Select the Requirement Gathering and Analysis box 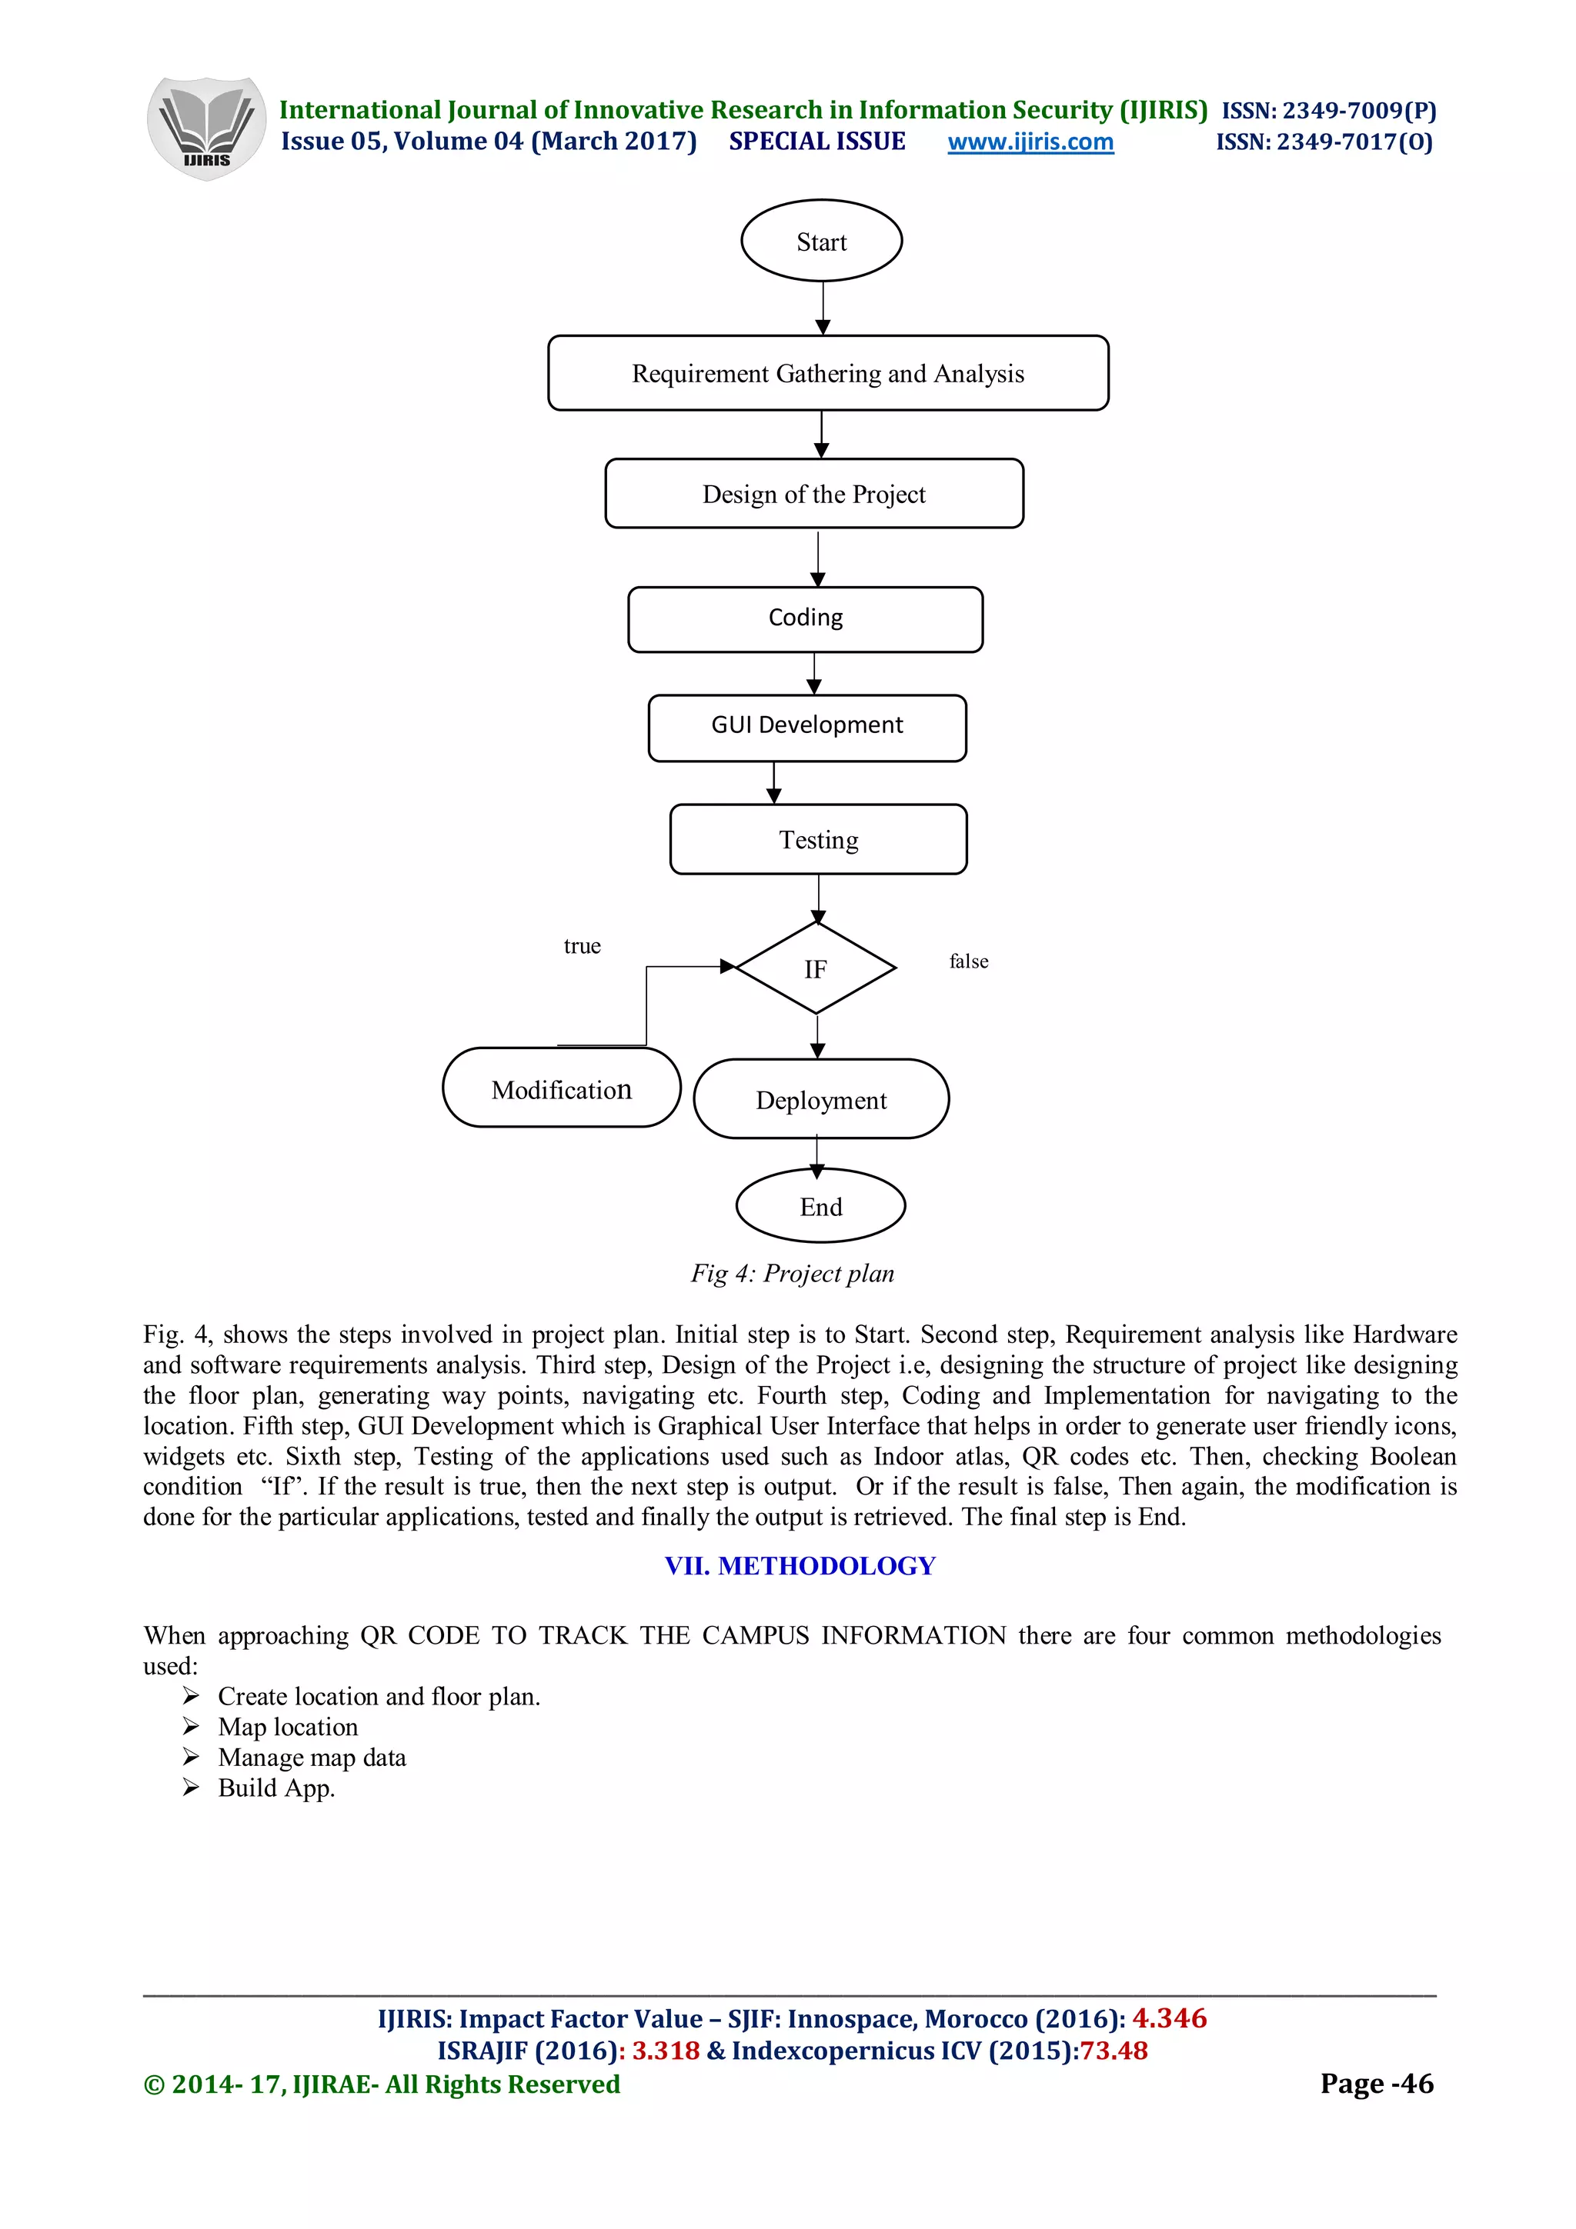click(x=827, y=374)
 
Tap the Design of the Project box click(x=813, y=494)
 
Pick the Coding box click(x=805, y=618)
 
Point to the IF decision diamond click(x=815, y=968)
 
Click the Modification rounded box click(x=560, y=1088)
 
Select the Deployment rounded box click(x=820, y=1099)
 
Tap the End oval click(x=820, y=1206)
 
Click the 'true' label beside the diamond click(x=582, y=945)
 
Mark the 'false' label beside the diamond click(x=968, y=961)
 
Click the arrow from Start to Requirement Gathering click(x=823, y=308)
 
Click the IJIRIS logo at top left click(x=206, y=128)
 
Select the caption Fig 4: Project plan click(x=791, y=1273)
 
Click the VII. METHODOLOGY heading click(x=800, y=1565)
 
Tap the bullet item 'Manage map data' click(x=312, y=1758)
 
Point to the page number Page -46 click(x=1376, y=2084)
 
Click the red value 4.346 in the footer click(x=1169, y=2018)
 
